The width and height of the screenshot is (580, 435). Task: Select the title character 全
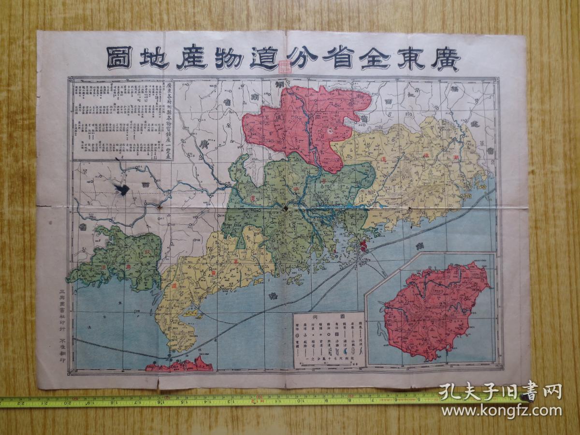click(x=372, y=58)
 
